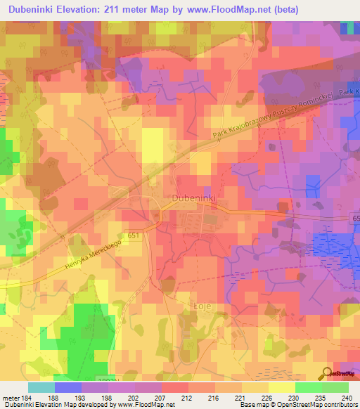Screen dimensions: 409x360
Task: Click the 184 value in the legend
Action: pyautogui.click(x=26, y=398)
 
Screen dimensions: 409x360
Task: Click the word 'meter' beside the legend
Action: pyautogui.click(x=9, y=398)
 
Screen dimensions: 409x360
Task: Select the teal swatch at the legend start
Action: pyautogui.click(x=41, y=387)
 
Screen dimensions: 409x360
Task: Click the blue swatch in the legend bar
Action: pyautogui.click(x=68, y=387)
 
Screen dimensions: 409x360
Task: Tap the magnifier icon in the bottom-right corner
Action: pyautogui.click(x=328, y=373)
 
